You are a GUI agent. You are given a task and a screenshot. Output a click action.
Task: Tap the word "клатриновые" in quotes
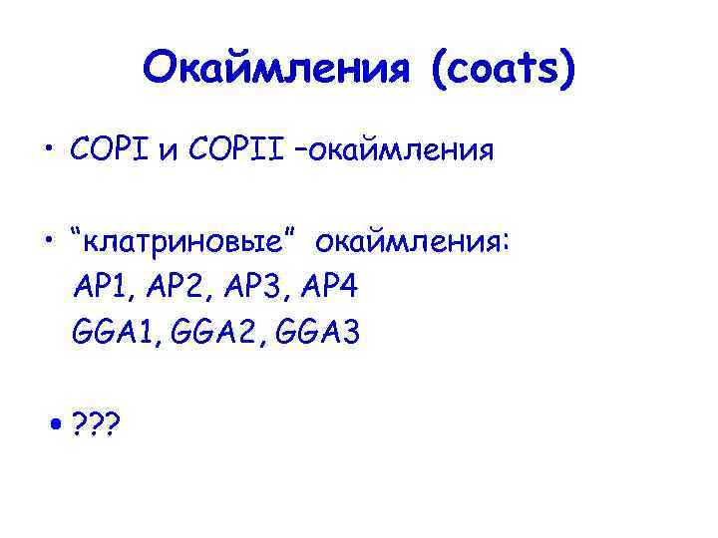point(185,242)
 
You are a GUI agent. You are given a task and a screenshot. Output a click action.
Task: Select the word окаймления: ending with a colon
point(414,242)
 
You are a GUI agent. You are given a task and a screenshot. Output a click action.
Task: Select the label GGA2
point(220,334)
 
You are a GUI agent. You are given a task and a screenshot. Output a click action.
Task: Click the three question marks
point(97,425)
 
